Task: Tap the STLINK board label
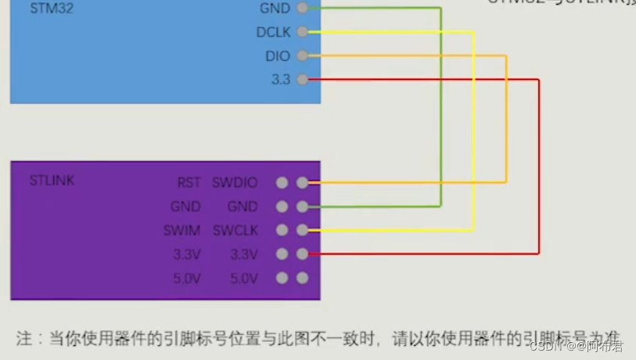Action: pos(52,181)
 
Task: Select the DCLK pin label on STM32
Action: pos(272,33)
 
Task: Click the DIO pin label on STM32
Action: pos(277,56)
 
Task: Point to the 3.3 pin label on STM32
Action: pos(280,80)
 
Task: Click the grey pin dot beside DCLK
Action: pos(303,33)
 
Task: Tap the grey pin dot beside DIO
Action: pos(303,56)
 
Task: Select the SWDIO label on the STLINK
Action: pos(235,183)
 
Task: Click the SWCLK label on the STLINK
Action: pos(235,231)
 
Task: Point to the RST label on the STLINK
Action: pos(189,183)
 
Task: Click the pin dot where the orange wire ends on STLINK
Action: pos(303,183)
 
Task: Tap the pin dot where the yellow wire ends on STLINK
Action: pos(303,231)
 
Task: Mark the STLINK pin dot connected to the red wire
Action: pos(303,254)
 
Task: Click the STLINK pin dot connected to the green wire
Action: pos(303,207)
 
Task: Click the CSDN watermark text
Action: pos(543,345)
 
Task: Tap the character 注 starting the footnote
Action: pos(24,339)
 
